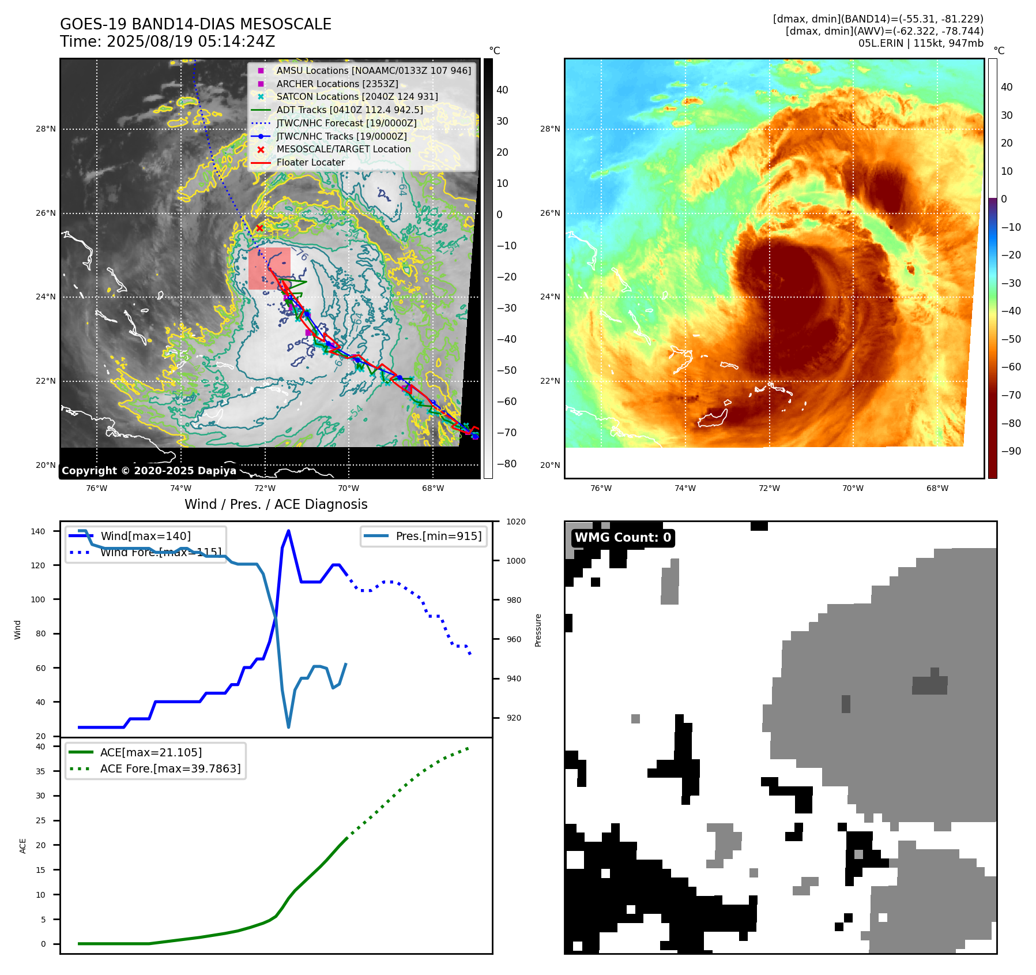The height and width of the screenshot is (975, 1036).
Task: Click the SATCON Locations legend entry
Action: click(357, 97)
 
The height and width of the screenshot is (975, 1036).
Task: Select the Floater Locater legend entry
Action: click(310, 163)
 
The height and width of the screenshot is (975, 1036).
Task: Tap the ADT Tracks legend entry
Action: click(349, 110)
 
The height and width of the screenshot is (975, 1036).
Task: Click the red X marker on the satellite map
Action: click(259, 228)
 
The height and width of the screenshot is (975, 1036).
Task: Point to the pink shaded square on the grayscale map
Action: click(269, 268)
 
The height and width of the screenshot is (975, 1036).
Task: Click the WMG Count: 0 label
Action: click(623, 538)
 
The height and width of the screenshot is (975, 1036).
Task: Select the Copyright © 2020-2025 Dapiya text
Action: click(149, 471)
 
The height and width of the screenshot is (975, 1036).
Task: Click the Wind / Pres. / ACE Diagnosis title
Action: click(276, 504)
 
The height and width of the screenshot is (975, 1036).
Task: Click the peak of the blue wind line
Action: click(288, 531)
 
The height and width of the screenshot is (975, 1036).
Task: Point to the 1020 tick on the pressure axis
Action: click(516, 522)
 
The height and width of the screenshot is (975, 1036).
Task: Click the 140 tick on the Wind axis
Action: click(38, 531)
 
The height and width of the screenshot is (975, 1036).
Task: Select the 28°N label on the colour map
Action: click(549, 129)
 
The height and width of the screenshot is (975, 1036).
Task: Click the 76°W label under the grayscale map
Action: click(96, 489)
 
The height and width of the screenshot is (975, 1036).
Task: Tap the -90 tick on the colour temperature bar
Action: click(1011, 451)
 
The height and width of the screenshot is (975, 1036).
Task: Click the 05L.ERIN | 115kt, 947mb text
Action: click(921, 43)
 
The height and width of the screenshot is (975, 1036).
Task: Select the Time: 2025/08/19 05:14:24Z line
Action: click(167, 42)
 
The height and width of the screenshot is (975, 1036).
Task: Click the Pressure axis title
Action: click(538, 630)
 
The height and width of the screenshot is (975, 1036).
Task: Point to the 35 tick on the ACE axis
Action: click(40, 771)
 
